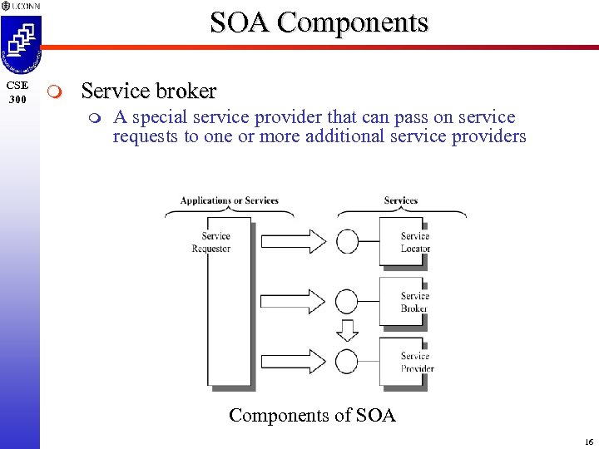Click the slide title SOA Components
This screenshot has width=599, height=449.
pos(319,22)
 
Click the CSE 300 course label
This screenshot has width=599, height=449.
pos(17,92)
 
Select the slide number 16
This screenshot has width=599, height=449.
pos(588,442)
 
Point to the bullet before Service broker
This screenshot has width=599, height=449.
pos(55,91)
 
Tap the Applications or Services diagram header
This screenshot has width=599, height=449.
pos(230,200)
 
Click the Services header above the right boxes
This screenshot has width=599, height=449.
pos(400,200)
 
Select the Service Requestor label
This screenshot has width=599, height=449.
pos(215,242)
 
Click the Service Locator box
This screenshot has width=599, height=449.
pos(403,242)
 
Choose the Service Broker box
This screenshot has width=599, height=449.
pos(403,302)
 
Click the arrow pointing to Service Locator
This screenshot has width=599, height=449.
pos(294,242)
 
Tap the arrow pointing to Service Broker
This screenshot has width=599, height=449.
pos(294,302)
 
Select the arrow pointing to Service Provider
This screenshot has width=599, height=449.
pos(294,362)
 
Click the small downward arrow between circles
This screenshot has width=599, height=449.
pos(347,331)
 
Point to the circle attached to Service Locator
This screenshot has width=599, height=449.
pos(347,242)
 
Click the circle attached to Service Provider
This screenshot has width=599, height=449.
pos(347,362)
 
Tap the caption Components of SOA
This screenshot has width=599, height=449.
pos(312,415)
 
